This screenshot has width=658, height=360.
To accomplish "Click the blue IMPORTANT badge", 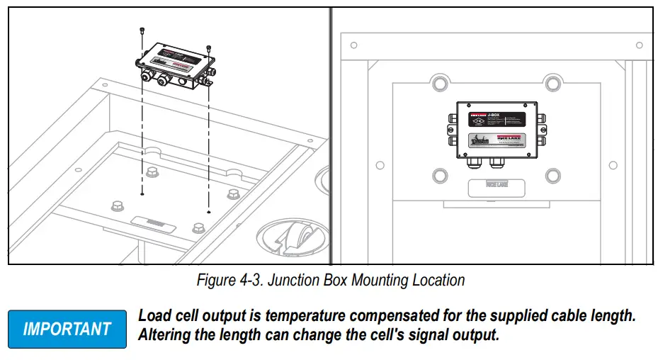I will pos(67,329).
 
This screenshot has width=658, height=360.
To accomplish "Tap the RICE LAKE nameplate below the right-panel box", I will pos(497,186).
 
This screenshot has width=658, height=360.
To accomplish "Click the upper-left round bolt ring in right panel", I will pos(439,83).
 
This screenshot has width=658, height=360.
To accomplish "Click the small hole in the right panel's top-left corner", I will pos(354,45).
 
